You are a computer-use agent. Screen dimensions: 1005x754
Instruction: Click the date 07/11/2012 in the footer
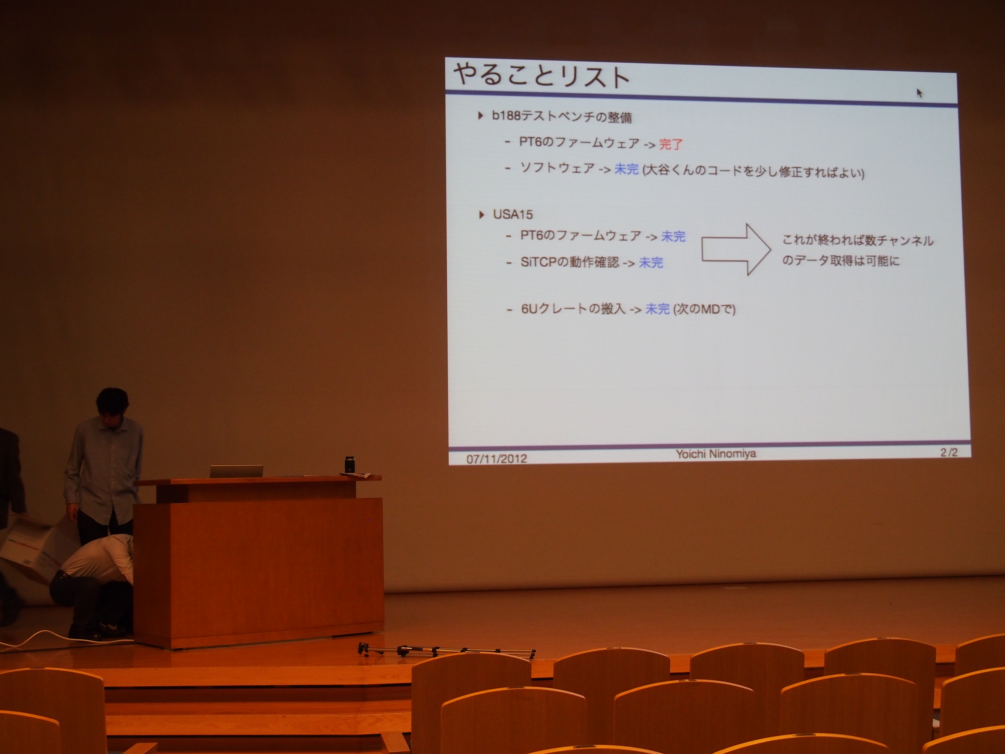(497, 458)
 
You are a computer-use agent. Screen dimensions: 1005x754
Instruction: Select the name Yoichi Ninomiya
(716, 454)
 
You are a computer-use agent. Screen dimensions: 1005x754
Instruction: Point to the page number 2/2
(949, 452)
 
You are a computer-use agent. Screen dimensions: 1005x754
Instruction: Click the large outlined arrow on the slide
(736, 249)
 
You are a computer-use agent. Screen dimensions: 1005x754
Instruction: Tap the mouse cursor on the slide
(920, 93)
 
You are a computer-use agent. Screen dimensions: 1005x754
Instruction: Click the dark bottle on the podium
(349, 464)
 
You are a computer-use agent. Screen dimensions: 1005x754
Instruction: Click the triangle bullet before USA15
(482, 214)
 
